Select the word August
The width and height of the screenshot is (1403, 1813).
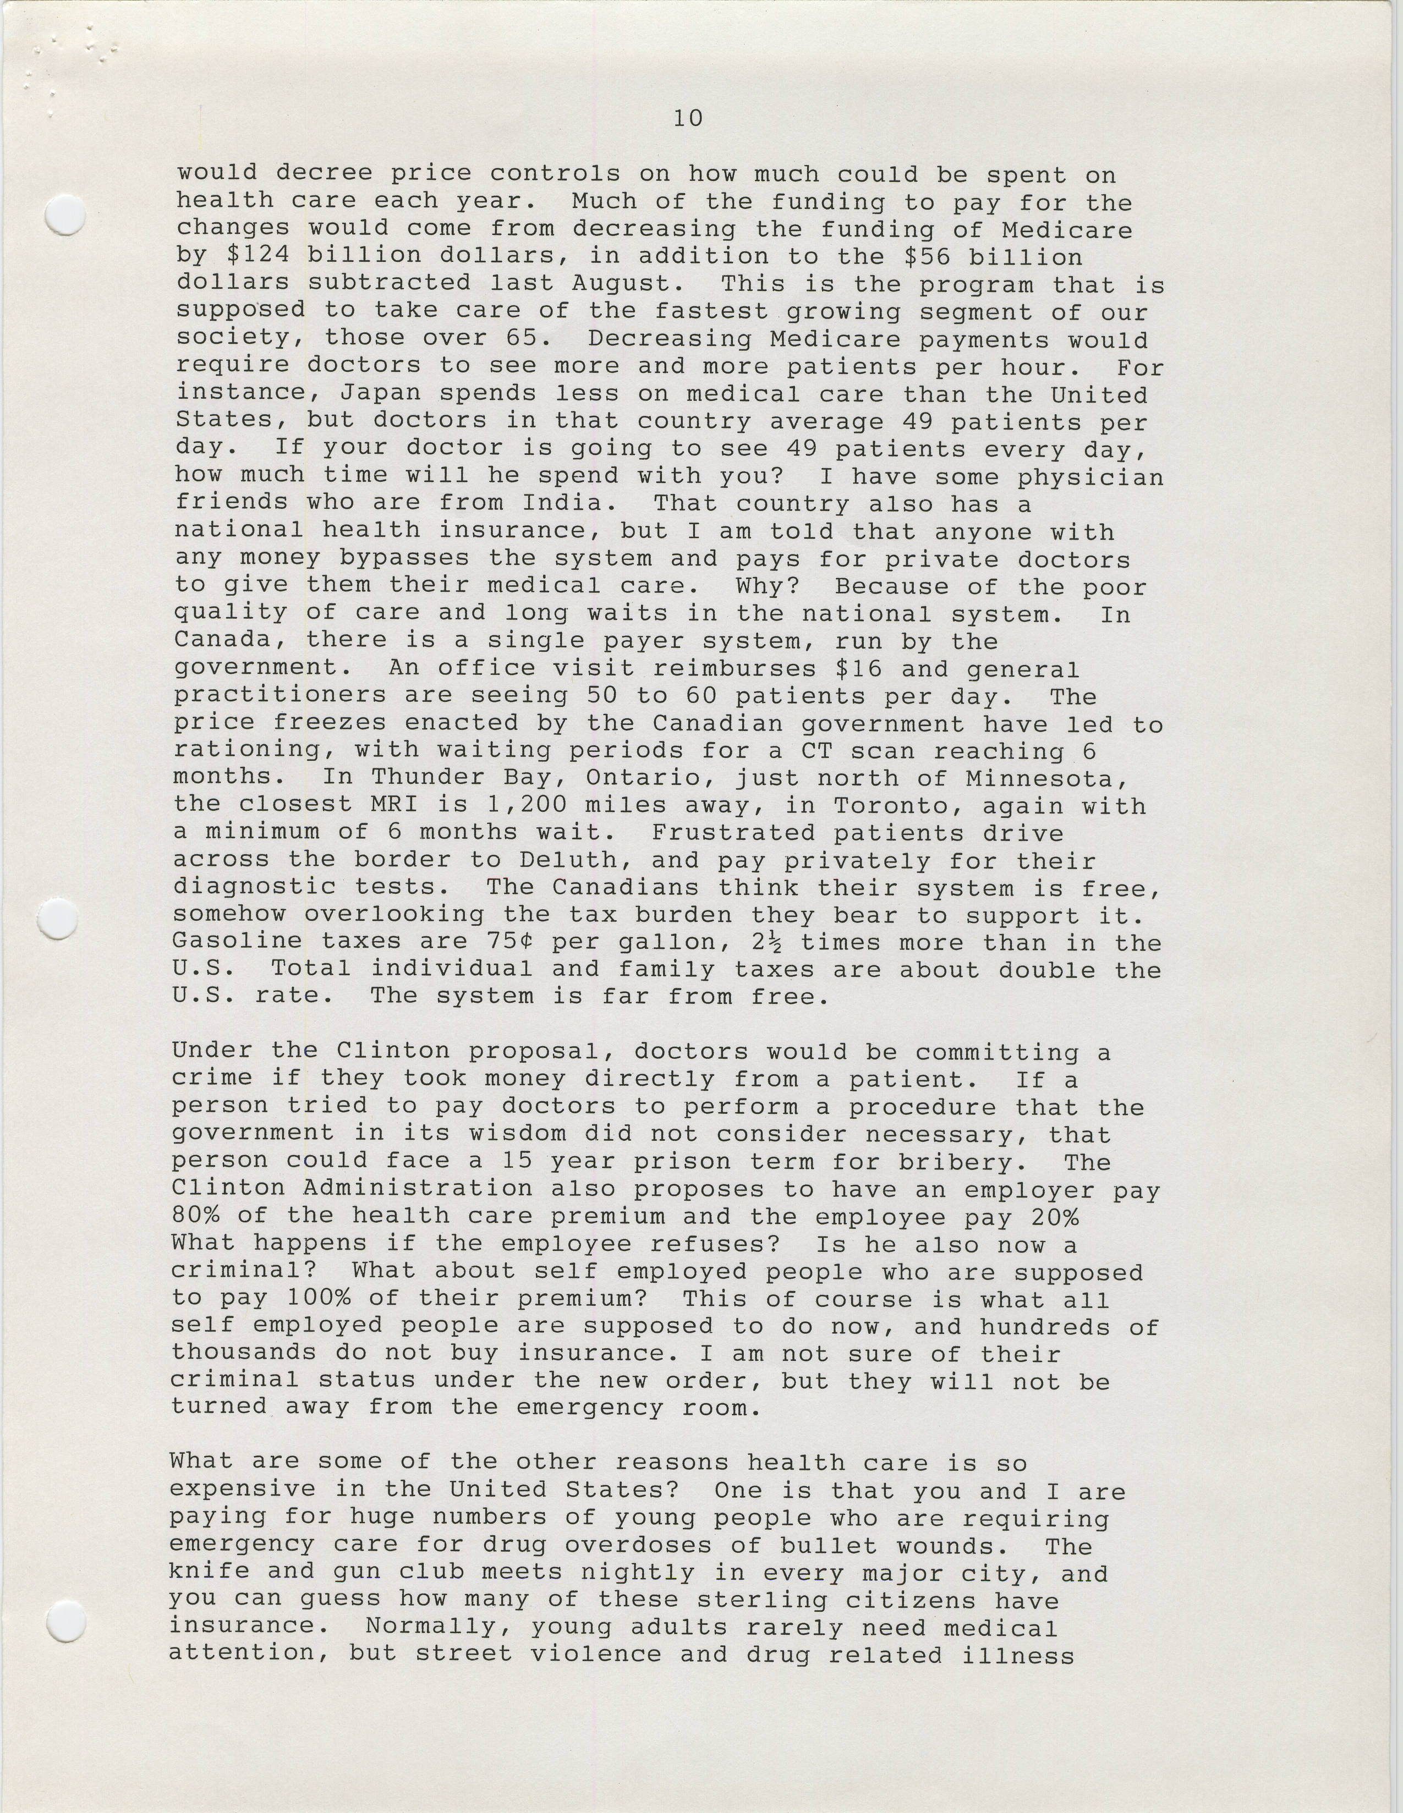628,283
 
